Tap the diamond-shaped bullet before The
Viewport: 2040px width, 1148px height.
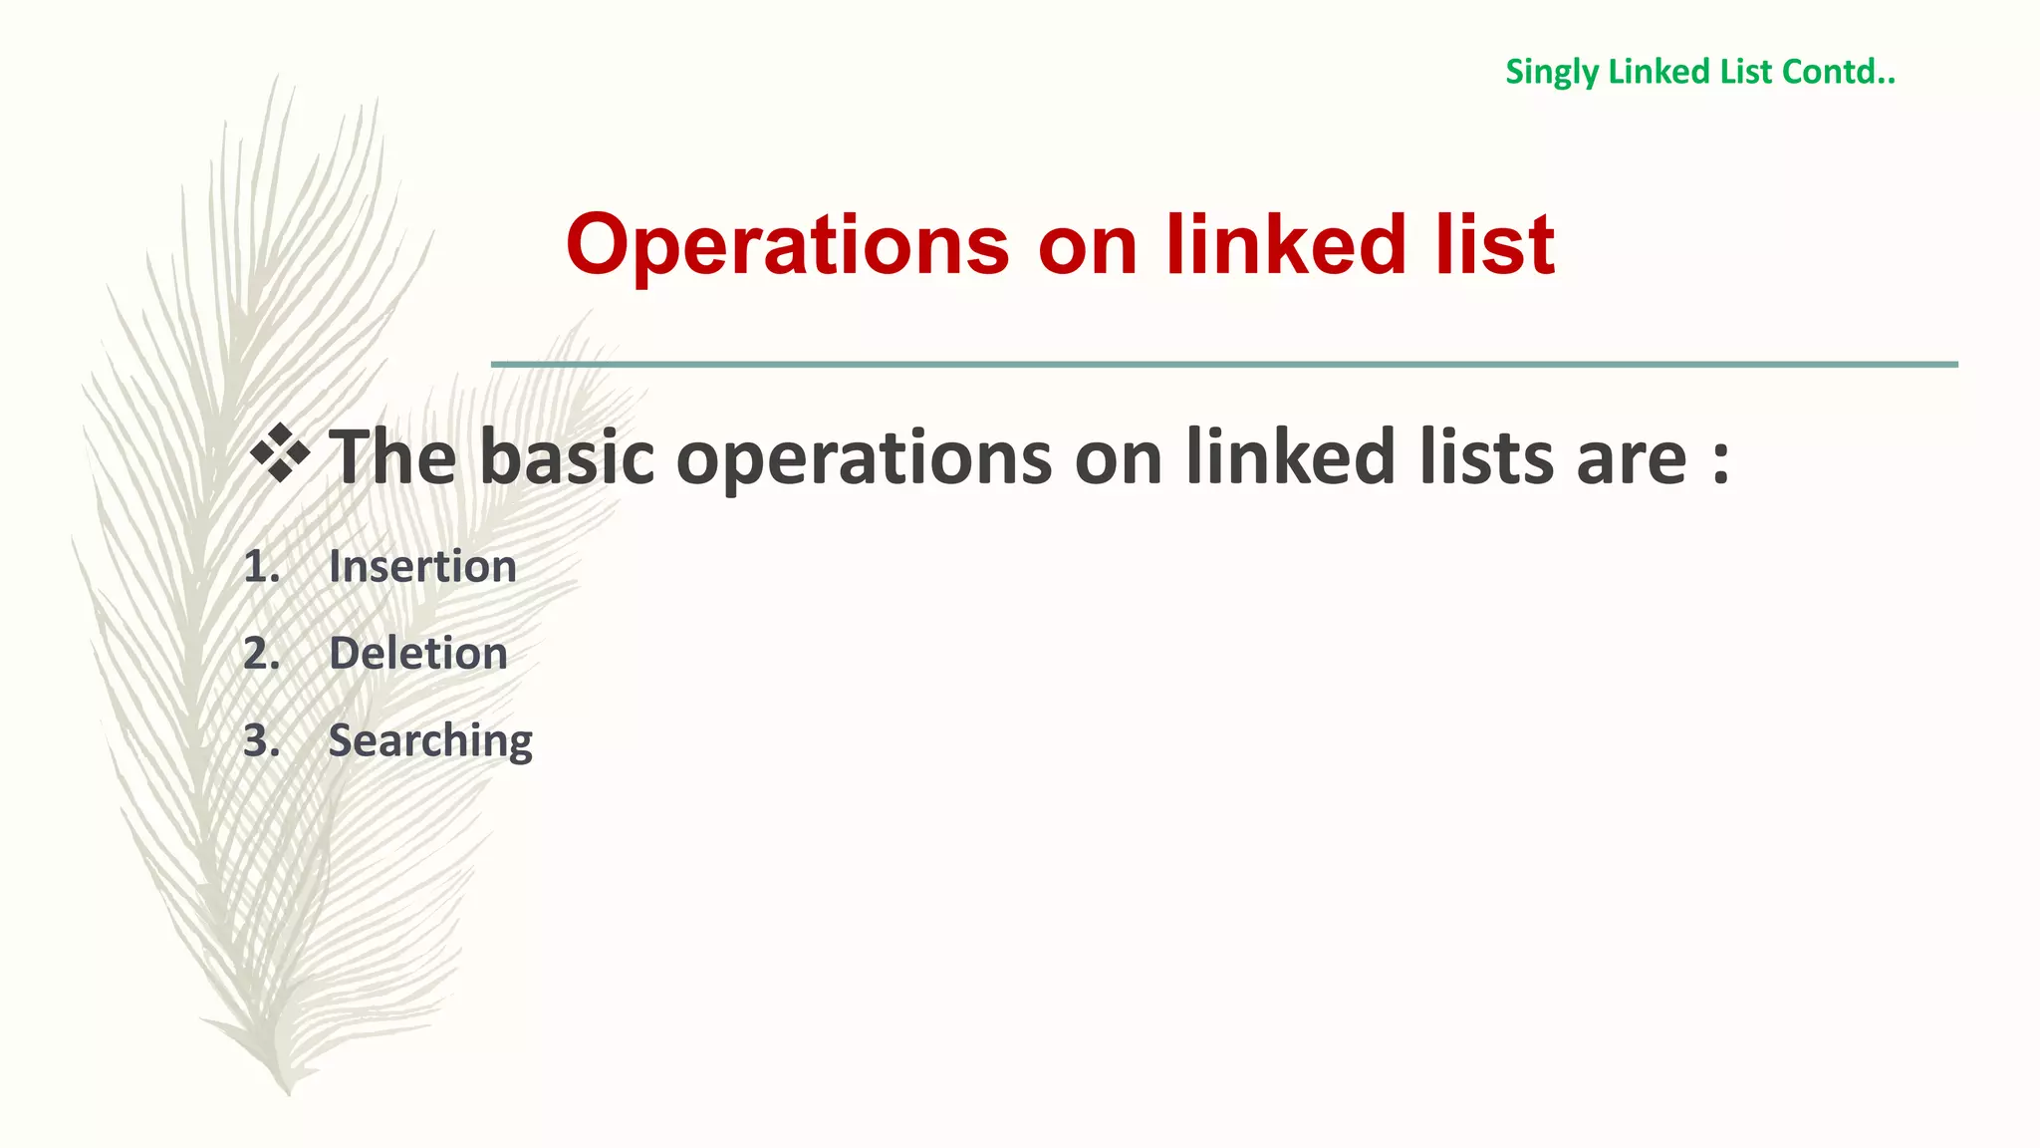tap(280, 453)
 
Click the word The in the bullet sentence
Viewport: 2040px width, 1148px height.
tap(393, 457)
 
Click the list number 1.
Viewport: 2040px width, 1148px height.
tap(261, 567)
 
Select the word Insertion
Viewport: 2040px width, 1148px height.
tap(422, 567)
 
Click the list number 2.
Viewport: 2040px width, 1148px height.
tap(261, 654)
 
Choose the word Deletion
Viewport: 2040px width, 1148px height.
tap(418, 654)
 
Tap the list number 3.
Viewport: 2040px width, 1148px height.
tap(261, 740)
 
